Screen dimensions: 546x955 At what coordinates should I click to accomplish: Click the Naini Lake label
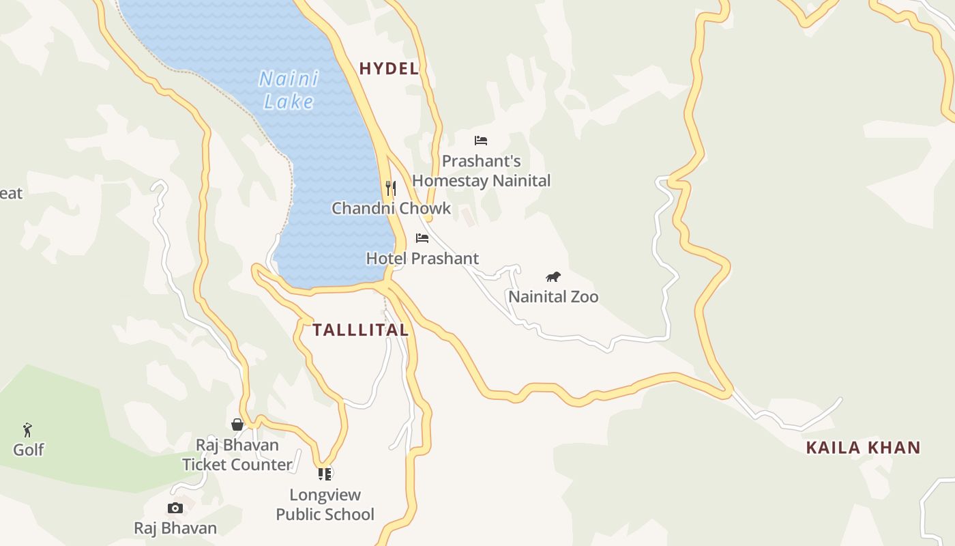[x=289, y=90]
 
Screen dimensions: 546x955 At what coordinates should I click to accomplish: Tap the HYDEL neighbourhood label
[x=389, y=68]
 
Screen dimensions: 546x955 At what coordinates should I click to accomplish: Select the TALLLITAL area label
[x=360, y=330]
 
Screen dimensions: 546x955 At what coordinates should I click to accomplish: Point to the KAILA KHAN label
[x=863, y=448]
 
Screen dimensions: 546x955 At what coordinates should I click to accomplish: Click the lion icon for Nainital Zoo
[x=553, y=276]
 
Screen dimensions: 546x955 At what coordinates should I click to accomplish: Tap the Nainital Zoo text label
[x=553, y=296]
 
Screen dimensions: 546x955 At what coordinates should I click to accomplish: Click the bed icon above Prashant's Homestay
[x=481, y=141]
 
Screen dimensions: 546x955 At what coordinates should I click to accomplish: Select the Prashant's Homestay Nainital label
[x=481, y=171]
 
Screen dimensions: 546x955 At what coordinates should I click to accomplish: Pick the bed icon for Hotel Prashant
[x=422, y=238]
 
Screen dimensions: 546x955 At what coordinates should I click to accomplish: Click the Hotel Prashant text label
[x=422, y=259]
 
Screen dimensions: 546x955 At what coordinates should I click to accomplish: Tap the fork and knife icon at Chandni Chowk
[x=391, y=188]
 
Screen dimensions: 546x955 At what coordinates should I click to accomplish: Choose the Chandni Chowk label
[x=391, y=208]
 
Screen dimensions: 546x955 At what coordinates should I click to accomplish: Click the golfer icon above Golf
[x=27, y=430]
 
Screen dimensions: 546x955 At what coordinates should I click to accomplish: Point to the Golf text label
[x=29, y=450]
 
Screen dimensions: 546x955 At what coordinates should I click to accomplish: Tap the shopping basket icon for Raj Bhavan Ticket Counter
[x=237, y=425]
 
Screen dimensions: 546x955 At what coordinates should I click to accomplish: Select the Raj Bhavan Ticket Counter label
[x=237, y=455]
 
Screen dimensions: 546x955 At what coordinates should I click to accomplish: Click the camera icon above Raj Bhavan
[x=175, y=508]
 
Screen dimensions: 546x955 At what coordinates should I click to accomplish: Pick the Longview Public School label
[x=325, y=504]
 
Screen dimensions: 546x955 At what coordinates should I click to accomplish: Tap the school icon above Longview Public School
[x=325, y=474]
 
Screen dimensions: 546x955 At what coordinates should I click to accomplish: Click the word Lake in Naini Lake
[x=289, y=102]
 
